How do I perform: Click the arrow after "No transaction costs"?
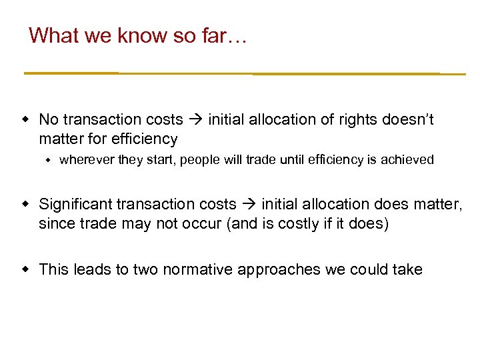click(x=195, y=120)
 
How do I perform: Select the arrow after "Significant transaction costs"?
click(x=249, y=204)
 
